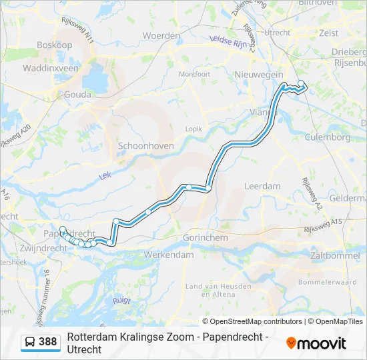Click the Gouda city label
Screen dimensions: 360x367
77,95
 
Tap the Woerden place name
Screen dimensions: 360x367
161,35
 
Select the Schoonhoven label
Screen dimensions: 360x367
145,145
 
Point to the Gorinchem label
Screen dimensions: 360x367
206,237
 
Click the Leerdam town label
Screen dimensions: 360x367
262,186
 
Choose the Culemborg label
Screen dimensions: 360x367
327,137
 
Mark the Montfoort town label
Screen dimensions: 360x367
194,73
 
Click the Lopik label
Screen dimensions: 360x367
194,128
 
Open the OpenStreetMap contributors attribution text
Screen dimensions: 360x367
256,321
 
